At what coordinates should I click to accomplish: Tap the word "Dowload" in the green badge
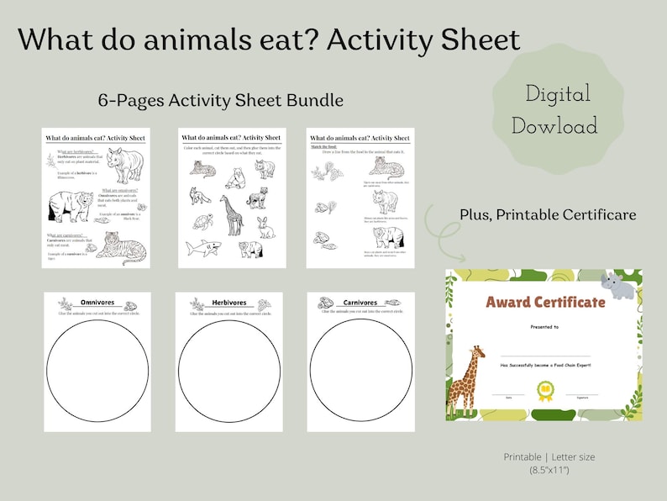tap(554, 126)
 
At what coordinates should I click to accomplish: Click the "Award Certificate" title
tap(545, 302)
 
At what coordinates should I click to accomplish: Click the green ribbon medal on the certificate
tap(544, 389)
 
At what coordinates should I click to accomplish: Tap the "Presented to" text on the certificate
tap(544, 326)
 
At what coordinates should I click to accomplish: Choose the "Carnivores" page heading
tap(360, 303)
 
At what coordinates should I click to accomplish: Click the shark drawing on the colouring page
tap(202, 247)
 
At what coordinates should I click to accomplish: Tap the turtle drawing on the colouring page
tap(202, 223)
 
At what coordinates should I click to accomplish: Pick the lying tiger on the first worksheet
tap(118, 249)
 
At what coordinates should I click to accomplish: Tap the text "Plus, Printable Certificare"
tap(547, 215)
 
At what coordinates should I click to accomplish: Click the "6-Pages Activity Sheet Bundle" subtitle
tap(221, 100)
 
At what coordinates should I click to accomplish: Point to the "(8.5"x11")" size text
tap(549, 471)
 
